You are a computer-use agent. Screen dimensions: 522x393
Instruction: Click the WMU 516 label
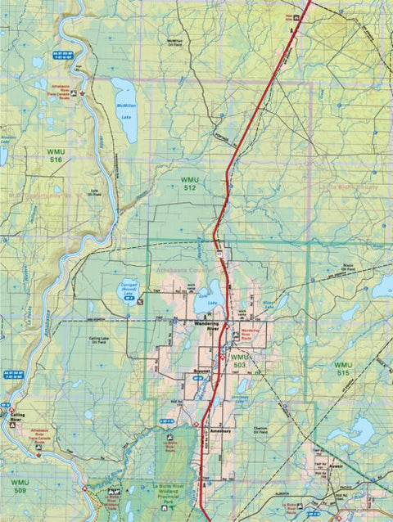(x=56, y=155)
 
